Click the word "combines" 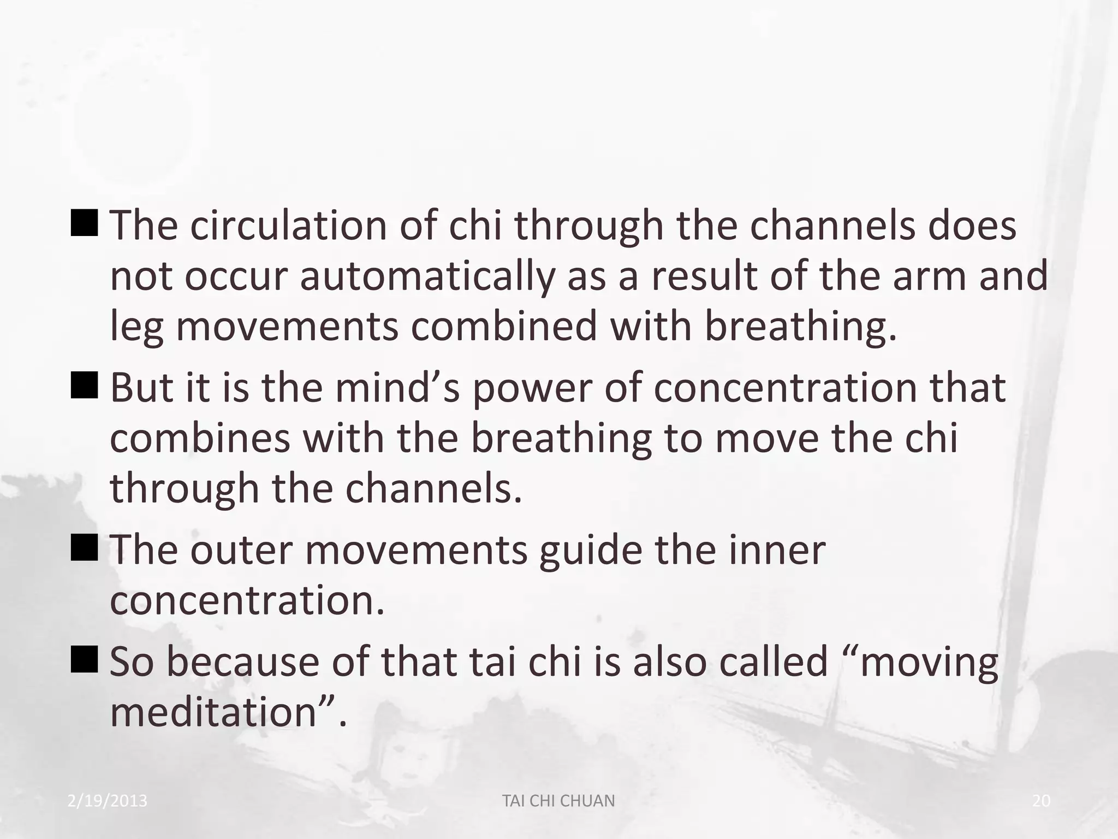coord(200,438)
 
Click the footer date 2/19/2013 coord(108,801)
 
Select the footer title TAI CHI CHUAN coord(558,801)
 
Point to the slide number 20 coord(1042,801)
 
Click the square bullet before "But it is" coord(85,385)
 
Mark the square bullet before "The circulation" coord(85,223)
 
